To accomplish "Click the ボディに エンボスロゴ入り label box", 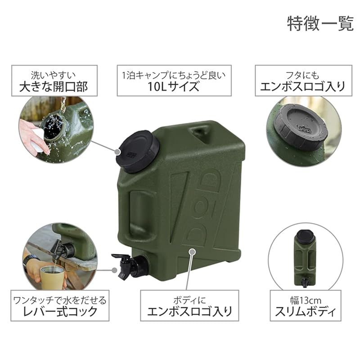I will [x=189, y=306].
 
